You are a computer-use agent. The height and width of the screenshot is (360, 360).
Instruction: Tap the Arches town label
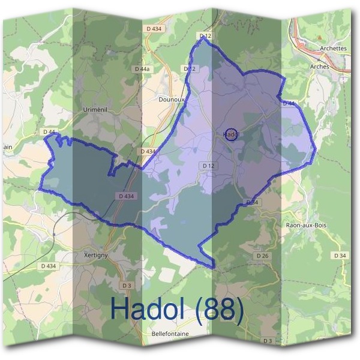click(320, 67)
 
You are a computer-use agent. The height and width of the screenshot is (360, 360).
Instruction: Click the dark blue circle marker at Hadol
click(230, 134)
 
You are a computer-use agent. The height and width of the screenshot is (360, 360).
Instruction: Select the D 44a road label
click(142, 69)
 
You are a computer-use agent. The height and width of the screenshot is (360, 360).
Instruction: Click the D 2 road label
click(190, 69)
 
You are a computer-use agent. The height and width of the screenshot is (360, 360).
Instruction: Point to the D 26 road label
click(262, 256)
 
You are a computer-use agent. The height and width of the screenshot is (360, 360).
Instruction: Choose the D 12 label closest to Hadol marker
click(208, 165)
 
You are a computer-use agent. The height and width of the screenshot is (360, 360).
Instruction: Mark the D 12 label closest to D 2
click(205, 37)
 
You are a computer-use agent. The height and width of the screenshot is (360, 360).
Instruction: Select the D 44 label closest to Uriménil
click(49, 131)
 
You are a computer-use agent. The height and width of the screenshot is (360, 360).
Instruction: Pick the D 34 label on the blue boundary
click(252, 203)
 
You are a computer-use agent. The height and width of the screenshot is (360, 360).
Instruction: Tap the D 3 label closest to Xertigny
click(126, 285)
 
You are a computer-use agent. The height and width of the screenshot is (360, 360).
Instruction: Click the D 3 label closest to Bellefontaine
click(268, 341)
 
